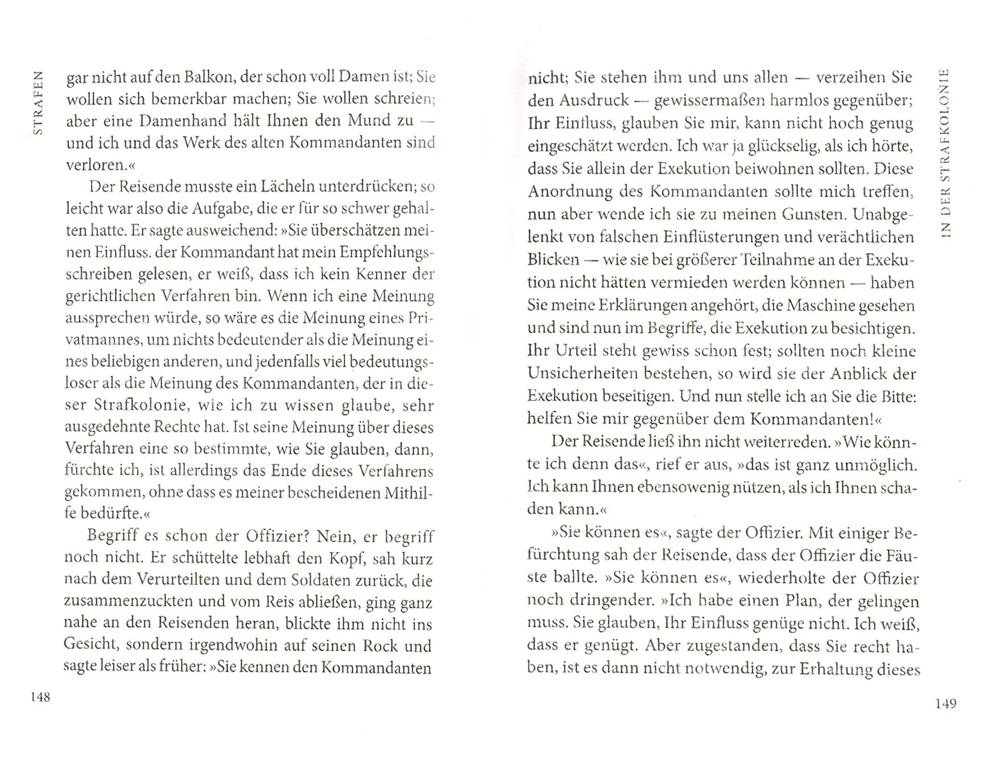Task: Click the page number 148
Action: click(40, 697)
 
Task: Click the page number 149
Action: click(945, 704)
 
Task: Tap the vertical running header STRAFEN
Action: click(38, 102)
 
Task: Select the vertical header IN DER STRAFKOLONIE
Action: click(945, 154)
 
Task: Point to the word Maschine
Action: click(820, 306)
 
